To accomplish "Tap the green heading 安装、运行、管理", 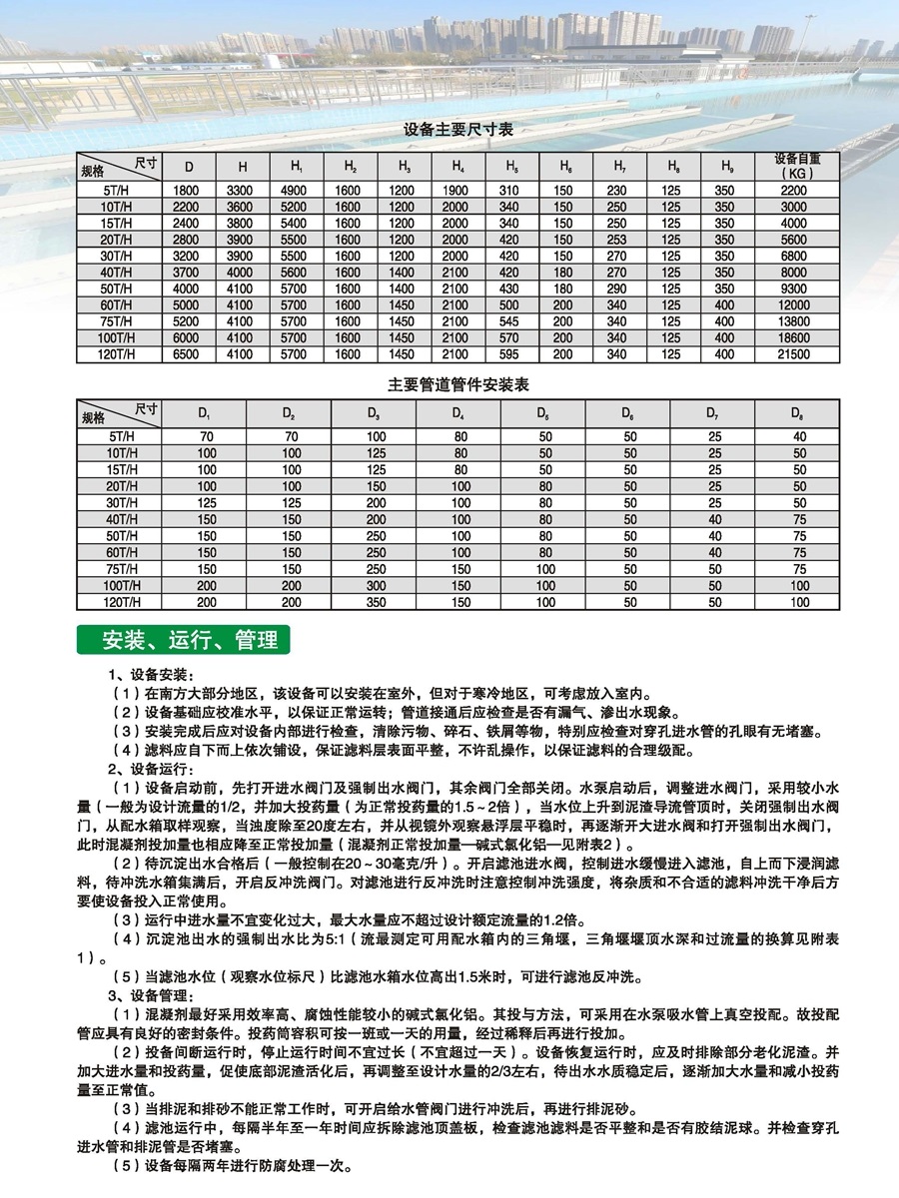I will coord(183,638).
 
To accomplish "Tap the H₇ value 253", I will coord(617,240).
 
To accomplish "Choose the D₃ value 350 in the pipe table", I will coord(376,603).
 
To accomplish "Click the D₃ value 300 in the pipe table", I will coord(376,586).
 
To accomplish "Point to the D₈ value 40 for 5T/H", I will coord(799,437).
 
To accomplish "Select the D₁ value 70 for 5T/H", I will coord(206,437).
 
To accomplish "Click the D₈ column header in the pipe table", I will coord(798,412).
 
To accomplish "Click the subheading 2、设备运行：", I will coord(151,769).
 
